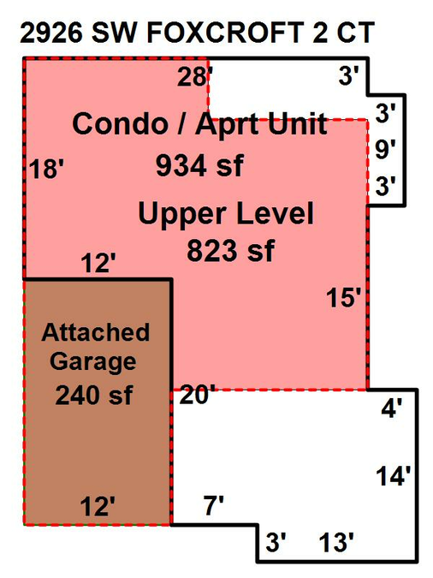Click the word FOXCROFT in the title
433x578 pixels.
225,33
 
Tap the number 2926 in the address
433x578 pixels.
51,33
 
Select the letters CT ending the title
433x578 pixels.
355,33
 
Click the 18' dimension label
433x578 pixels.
46,170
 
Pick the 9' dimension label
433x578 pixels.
385,149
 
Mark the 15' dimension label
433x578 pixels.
343,297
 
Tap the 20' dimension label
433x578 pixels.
197,395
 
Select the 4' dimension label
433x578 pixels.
391,408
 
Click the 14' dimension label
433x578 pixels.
393,475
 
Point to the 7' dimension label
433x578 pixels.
214,505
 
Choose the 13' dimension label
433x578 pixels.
336,542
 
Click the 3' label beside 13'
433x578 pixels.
276,542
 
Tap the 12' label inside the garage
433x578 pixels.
98,506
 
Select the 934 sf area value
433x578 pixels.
199,165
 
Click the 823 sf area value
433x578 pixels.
231,251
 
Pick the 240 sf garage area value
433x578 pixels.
93,395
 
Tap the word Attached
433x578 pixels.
96,332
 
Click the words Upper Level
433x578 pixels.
226,214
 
